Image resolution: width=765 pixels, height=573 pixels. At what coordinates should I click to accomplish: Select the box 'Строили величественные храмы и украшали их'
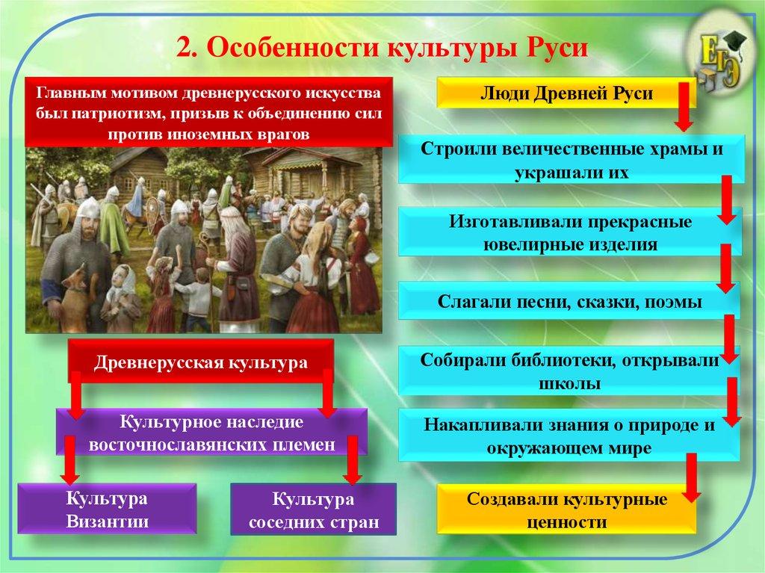pos(571,159)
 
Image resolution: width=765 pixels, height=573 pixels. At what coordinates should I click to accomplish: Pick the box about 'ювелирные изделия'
pos(571,234)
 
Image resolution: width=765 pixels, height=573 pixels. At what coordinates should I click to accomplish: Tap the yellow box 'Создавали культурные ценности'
pos(566,509)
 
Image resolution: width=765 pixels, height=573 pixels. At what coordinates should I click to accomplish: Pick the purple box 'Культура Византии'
pos(106,509)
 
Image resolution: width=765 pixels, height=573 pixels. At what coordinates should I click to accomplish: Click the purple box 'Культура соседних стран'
pos(312,510)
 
